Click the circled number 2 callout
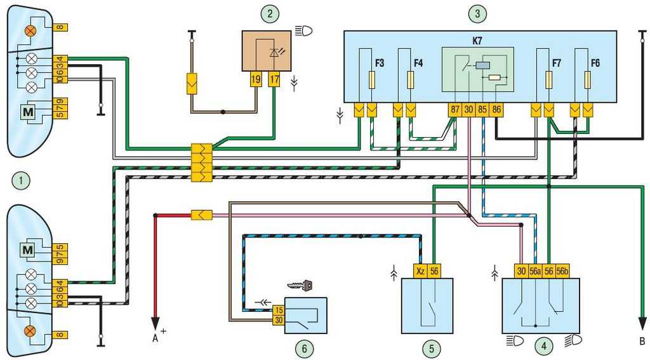[x=270, y=14]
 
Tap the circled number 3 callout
[x=477, y=14]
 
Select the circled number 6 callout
[x=305, y=349]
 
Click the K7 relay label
[x=477, y=41]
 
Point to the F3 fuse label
[x=380, y=63]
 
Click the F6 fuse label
[x=595, y=63]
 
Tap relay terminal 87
[x=455, y=110]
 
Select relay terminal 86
[x=496, y=110]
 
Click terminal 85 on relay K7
[x=482, y=110]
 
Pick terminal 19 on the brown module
[x=256, y=79]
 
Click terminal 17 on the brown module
[x=274, y=79]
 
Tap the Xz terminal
[x=420, y=271]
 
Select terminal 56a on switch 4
[x=535, y=271]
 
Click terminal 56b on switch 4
[x=563, y=271]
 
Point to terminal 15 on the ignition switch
[x=279, y=310]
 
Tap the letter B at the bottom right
[x=642, y=342]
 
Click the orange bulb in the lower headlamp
[x=30, y=331]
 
